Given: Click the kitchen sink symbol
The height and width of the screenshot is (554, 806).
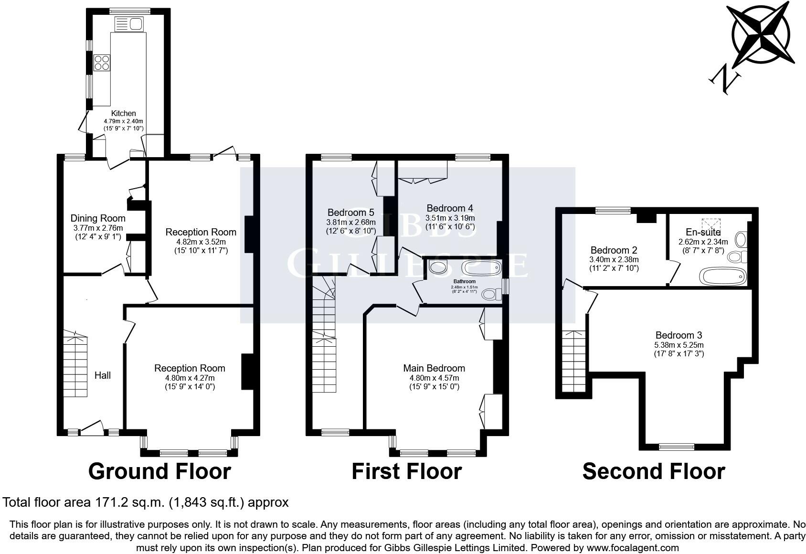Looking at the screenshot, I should pos(129,23).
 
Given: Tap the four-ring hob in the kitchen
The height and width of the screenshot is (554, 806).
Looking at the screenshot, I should pos(102,63).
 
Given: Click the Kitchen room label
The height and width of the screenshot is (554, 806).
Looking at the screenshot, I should pos(124,113).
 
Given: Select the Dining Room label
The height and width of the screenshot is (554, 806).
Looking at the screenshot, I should pos(98,219).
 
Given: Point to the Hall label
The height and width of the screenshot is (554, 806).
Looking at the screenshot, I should pos(102,375).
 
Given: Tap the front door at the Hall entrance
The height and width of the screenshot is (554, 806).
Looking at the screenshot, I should pos(93,428).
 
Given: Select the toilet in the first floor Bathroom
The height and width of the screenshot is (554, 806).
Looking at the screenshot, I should pos(490,294).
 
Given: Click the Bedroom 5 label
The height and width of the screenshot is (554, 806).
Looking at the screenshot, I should pos(350,213).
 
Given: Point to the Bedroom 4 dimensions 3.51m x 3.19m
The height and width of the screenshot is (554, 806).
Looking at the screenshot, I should pos(450,218).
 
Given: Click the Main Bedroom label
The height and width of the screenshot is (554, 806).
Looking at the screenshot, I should pos(434,368).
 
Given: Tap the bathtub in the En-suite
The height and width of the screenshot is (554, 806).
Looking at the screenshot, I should pos(721,276).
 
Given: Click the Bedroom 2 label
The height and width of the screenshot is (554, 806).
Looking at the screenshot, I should pos(614,250).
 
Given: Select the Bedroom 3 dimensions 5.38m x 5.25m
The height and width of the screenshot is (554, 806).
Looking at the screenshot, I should pos(679,345).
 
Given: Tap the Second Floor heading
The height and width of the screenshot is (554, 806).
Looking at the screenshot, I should pos(653,471).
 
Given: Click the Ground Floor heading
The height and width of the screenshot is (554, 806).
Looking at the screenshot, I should pos(159,471).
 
